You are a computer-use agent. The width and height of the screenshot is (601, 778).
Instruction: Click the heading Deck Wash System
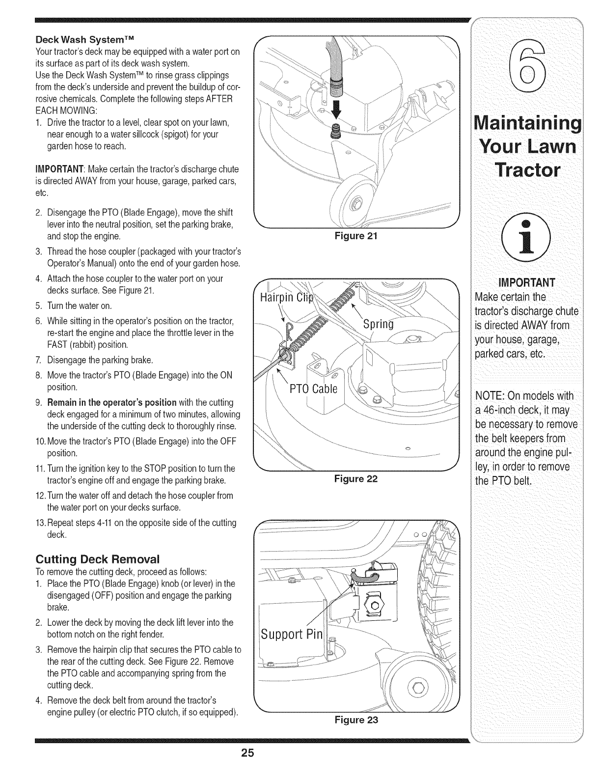pos(86,38)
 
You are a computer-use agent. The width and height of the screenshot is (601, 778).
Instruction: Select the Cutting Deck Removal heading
pos(98,559)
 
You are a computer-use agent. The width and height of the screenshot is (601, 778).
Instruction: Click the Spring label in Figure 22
pos(378,325)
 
